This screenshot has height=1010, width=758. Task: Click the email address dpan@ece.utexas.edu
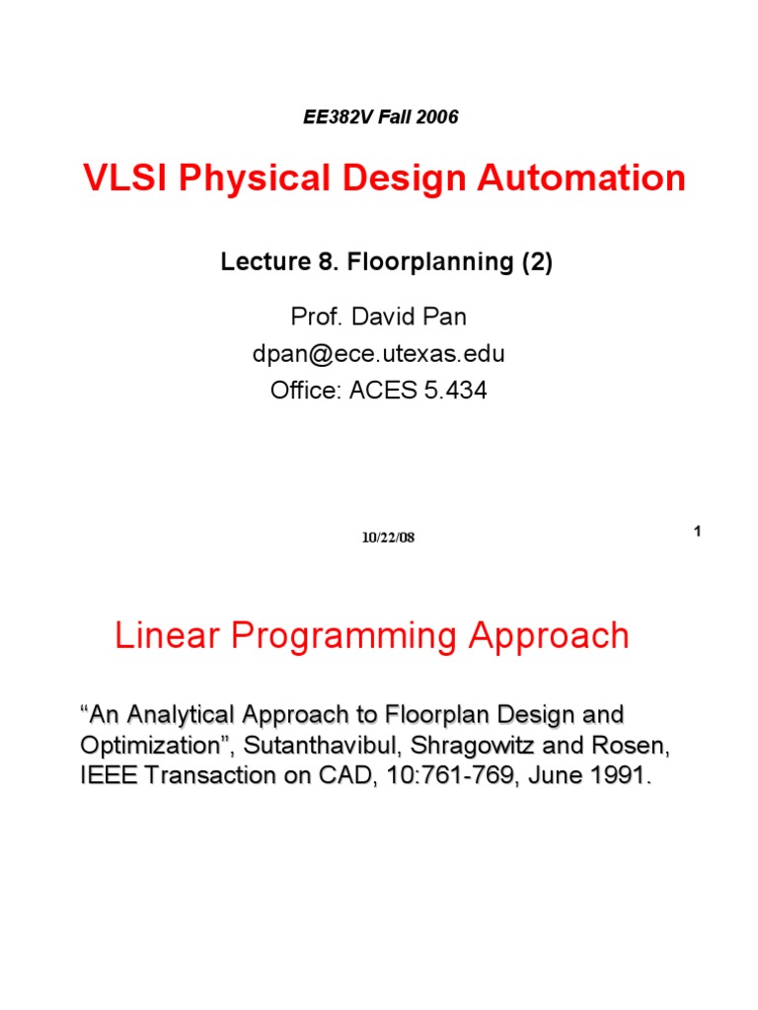379,354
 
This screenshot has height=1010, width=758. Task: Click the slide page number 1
697,533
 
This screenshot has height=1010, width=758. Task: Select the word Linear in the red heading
168,635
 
